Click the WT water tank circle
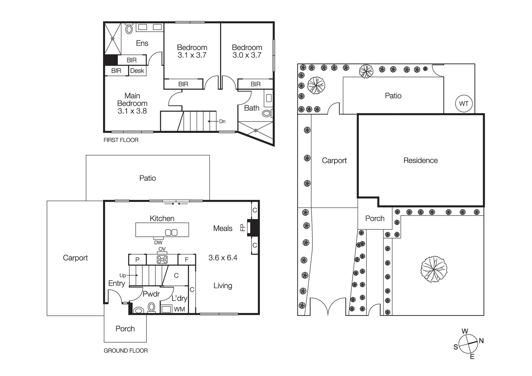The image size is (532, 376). click(x=463, y=103)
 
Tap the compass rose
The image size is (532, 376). click(x=468, y=344)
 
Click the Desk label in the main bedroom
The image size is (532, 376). click(x=137, y=71)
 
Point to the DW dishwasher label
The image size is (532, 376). click(x=158, y=242)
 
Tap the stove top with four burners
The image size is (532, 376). click(x=162, y=259)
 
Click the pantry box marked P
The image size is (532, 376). click(x=137, y=259)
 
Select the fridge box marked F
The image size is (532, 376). click(x=186, y=259)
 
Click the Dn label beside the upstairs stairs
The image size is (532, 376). click(x=222, y=122)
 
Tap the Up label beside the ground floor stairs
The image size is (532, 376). click(x=123, y=275)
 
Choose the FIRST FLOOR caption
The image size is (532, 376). click(x=121, y=140)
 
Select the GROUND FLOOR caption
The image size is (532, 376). click(x=126, y=351)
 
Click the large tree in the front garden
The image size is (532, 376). click(x=434, y=269)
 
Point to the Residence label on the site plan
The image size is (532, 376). click(x=420, y=160)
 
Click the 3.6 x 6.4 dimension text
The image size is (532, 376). click(x=223, y=258)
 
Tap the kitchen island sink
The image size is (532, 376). click(x=171, y=232)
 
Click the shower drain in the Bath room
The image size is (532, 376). click(x=256, y=131)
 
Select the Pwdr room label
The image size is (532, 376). click(x=151, y=294)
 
